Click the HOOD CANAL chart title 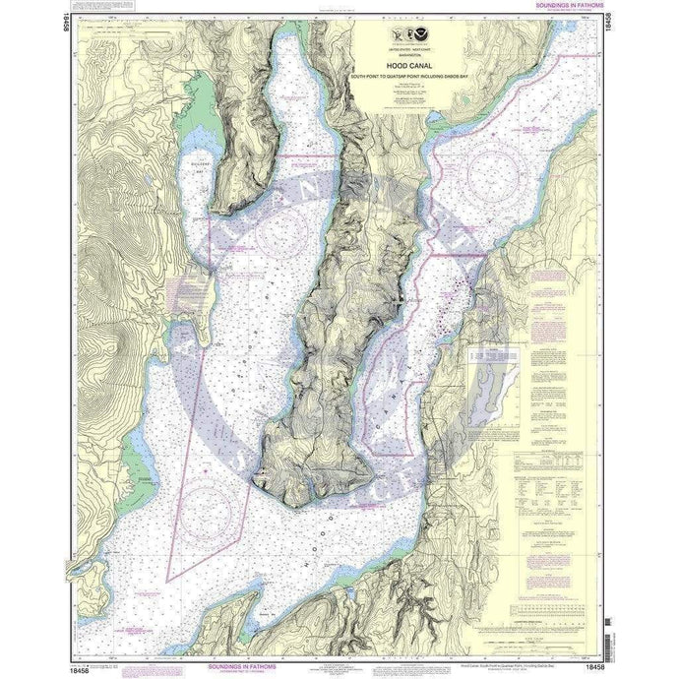pos(406,66)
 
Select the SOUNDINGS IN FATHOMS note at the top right pos(557,6)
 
